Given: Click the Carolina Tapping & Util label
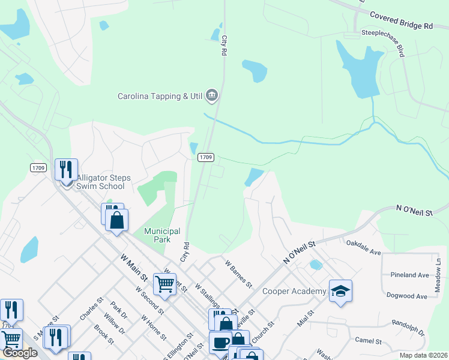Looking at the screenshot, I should pos(160,96).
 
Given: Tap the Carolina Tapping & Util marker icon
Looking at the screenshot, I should pos(211,95).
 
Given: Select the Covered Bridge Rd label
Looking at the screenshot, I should pos(401,20).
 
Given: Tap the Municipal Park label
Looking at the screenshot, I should pos(162,235).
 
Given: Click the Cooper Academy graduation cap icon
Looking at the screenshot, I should pos(340,292).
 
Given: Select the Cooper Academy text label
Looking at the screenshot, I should pos(294,292).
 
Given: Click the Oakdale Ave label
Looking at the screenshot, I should pos(364,247).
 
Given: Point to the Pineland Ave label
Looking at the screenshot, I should pos(409,275).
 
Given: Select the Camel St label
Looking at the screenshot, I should pos(369,341).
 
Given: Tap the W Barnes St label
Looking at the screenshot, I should pos(238,273).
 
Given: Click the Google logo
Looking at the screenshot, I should pos(19,353).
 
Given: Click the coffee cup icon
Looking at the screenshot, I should pos(220,343).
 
